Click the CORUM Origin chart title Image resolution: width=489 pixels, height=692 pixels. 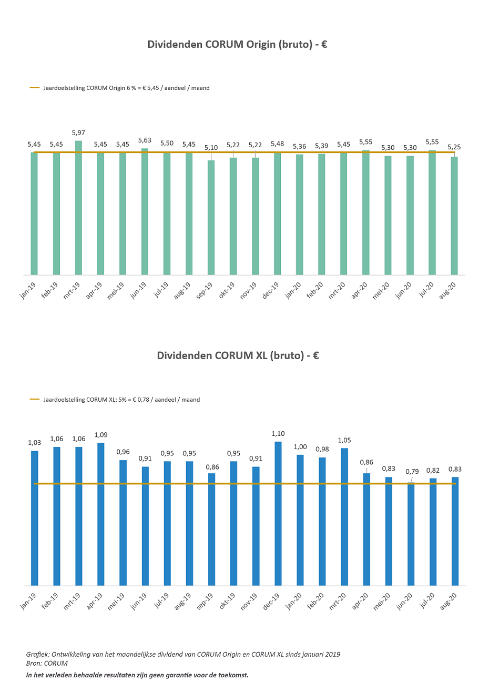[237, 45]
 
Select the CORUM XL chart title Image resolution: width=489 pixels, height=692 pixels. [238, 356]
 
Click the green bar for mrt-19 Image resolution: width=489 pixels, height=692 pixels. [78, 208]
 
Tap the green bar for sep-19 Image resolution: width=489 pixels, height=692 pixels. [211, 217]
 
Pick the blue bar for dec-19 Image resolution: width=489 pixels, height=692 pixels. [278, 513]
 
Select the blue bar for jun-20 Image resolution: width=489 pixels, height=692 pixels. [411, 534]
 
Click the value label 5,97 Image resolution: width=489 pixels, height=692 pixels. [78, 133]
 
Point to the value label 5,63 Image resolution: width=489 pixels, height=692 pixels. [145, 140]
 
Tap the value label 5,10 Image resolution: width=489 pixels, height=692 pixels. [211, 148]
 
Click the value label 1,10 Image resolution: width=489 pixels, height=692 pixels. [278, 434]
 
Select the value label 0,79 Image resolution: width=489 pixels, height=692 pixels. [412, 472]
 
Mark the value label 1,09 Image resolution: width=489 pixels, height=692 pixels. [100, 435]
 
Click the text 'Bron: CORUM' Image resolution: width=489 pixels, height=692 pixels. [47, 664]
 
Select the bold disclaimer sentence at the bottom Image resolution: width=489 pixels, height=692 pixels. [137, 675]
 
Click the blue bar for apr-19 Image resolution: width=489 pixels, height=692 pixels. [100, 514]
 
